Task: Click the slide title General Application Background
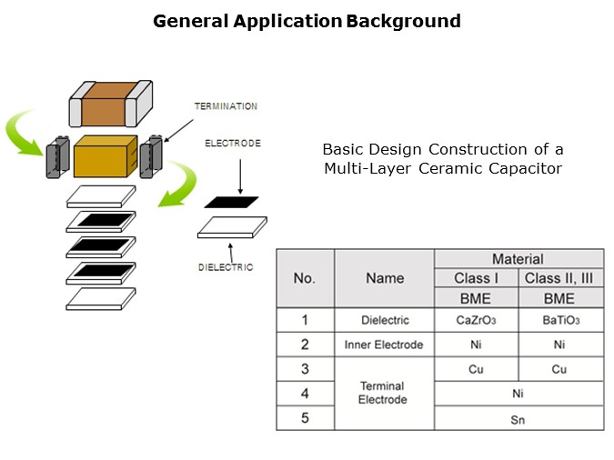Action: pos(307,21)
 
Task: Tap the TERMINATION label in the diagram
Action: pos(226,106)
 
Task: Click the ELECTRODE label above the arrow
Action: pos(233,144)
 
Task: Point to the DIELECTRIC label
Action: pos(226,267)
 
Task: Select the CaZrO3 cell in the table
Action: pos(477,321)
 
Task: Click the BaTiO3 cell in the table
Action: pos(559,321)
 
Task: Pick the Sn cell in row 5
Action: pos(518,419)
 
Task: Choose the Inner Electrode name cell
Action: pos(384,345)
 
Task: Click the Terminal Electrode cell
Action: pos(384,394)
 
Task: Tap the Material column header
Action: pos(518,259)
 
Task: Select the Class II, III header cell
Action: pos(559,278)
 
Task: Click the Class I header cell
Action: pos(477,278)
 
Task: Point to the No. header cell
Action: pos(305,278)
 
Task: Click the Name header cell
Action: pos(384,278)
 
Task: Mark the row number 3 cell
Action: pos(305,369)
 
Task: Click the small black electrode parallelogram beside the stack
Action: pos(231,202)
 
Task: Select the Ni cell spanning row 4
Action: pos(518,394)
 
